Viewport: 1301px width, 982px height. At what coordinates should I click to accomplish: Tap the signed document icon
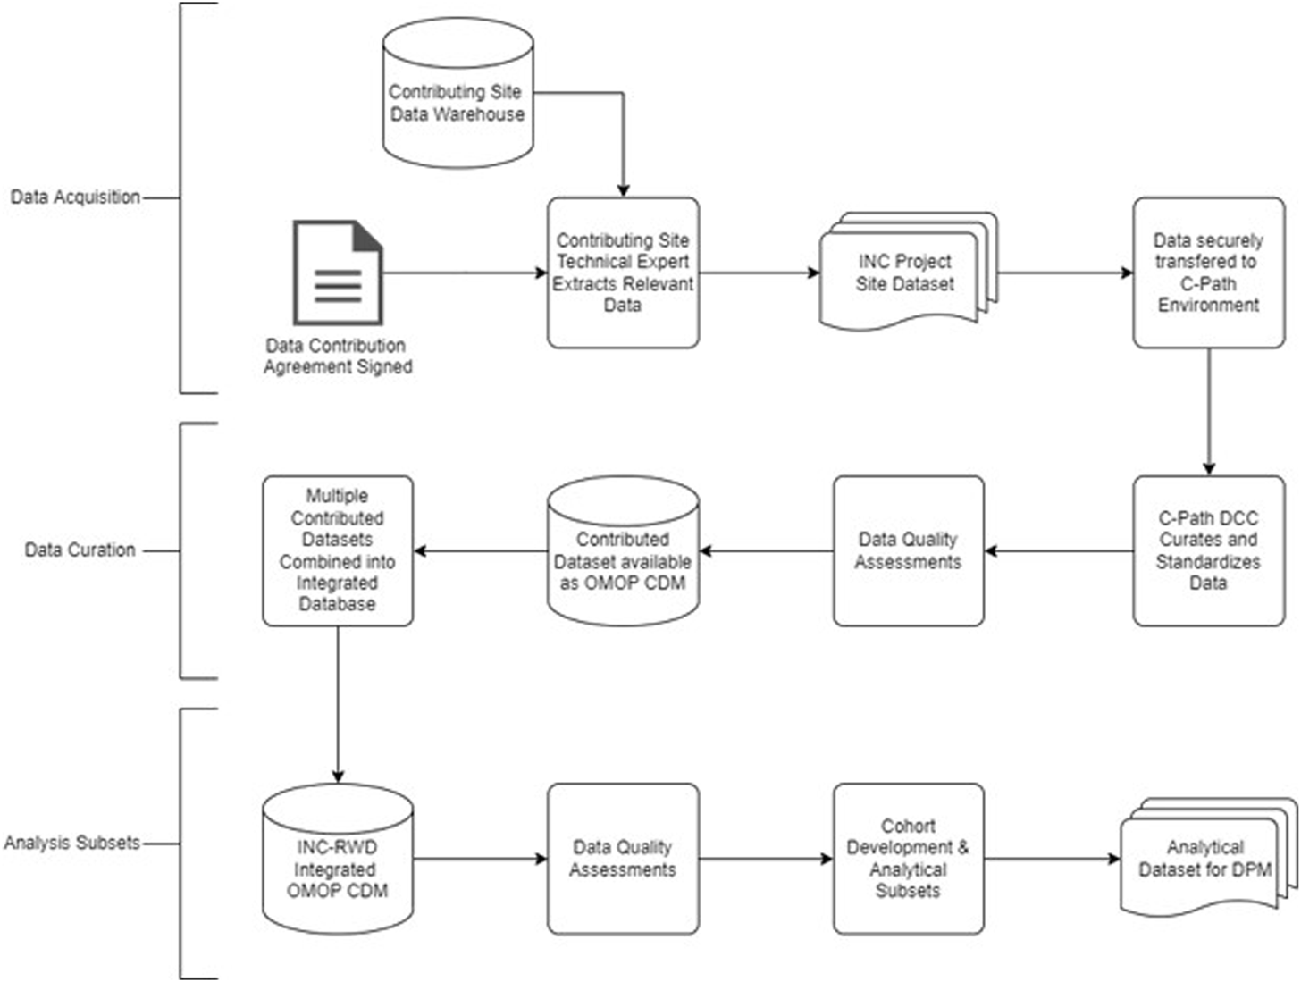338,273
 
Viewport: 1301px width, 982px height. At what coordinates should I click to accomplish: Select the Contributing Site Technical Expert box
623,273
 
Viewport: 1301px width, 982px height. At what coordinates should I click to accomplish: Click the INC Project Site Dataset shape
904,273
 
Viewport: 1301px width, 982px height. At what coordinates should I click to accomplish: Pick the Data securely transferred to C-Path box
1208,273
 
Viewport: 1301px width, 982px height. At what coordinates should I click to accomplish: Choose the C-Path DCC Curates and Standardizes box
1208,550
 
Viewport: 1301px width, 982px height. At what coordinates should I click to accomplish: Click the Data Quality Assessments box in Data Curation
908,550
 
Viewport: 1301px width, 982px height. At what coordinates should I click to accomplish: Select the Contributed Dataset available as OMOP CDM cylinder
623,550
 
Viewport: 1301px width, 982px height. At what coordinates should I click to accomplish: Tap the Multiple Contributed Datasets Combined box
338,550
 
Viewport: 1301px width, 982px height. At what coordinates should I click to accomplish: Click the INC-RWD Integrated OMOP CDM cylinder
338,860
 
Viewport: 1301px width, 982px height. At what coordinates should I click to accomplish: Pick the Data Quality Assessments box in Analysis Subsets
623,859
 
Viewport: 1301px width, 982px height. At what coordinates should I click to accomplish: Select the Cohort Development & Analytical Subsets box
908,859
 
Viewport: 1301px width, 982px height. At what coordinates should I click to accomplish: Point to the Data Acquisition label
75,197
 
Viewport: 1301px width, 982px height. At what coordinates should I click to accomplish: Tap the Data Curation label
80,550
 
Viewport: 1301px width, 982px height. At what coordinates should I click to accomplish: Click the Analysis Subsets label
71,843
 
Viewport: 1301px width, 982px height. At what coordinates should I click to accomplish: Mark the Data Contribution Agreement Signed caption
337,357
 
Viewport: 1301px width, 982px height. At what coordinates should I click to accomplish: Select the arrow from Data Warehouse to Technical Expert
623,143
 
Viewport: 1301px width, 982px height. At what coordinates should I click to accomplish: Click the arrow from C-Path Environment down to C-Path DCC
1209,411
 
